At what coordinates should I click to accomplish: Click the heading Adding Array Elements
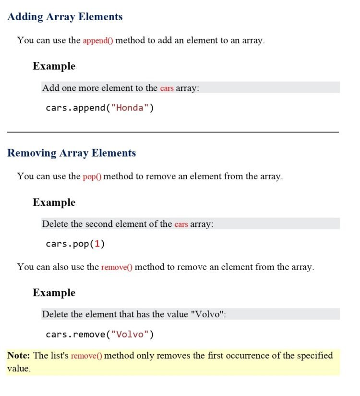tap(65, 17)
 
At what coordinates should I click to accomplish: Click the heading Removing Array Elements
tap(72, 153)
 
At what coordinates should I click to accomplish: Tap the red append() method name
tap(98, 40)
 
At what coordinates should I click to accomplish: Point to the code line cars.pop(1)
tap(75, 244)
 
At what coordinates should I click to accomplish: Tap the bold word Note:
tap(19, 356)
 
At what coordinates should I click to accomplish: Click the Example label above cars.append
tap(54, 66)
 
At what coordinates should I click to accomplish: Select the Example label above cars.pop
tap(54, 202)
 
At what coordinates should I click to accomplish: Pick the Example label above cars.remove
tap(54, 293)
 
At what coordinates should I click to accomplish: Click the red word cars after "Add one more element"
tap(167, 88)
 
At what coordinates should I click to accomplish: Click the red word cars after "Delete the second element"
tap(181, 224)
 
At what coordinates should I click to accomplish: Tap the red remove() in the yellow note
tap(86, 356)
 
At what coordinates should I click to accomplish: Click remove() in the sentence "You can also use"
tap(117, 267)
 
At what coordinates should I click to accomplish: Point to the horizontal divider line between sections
tap(173, 132)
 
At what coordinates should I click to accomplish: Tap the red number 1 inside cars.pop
tap(97, 244)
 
